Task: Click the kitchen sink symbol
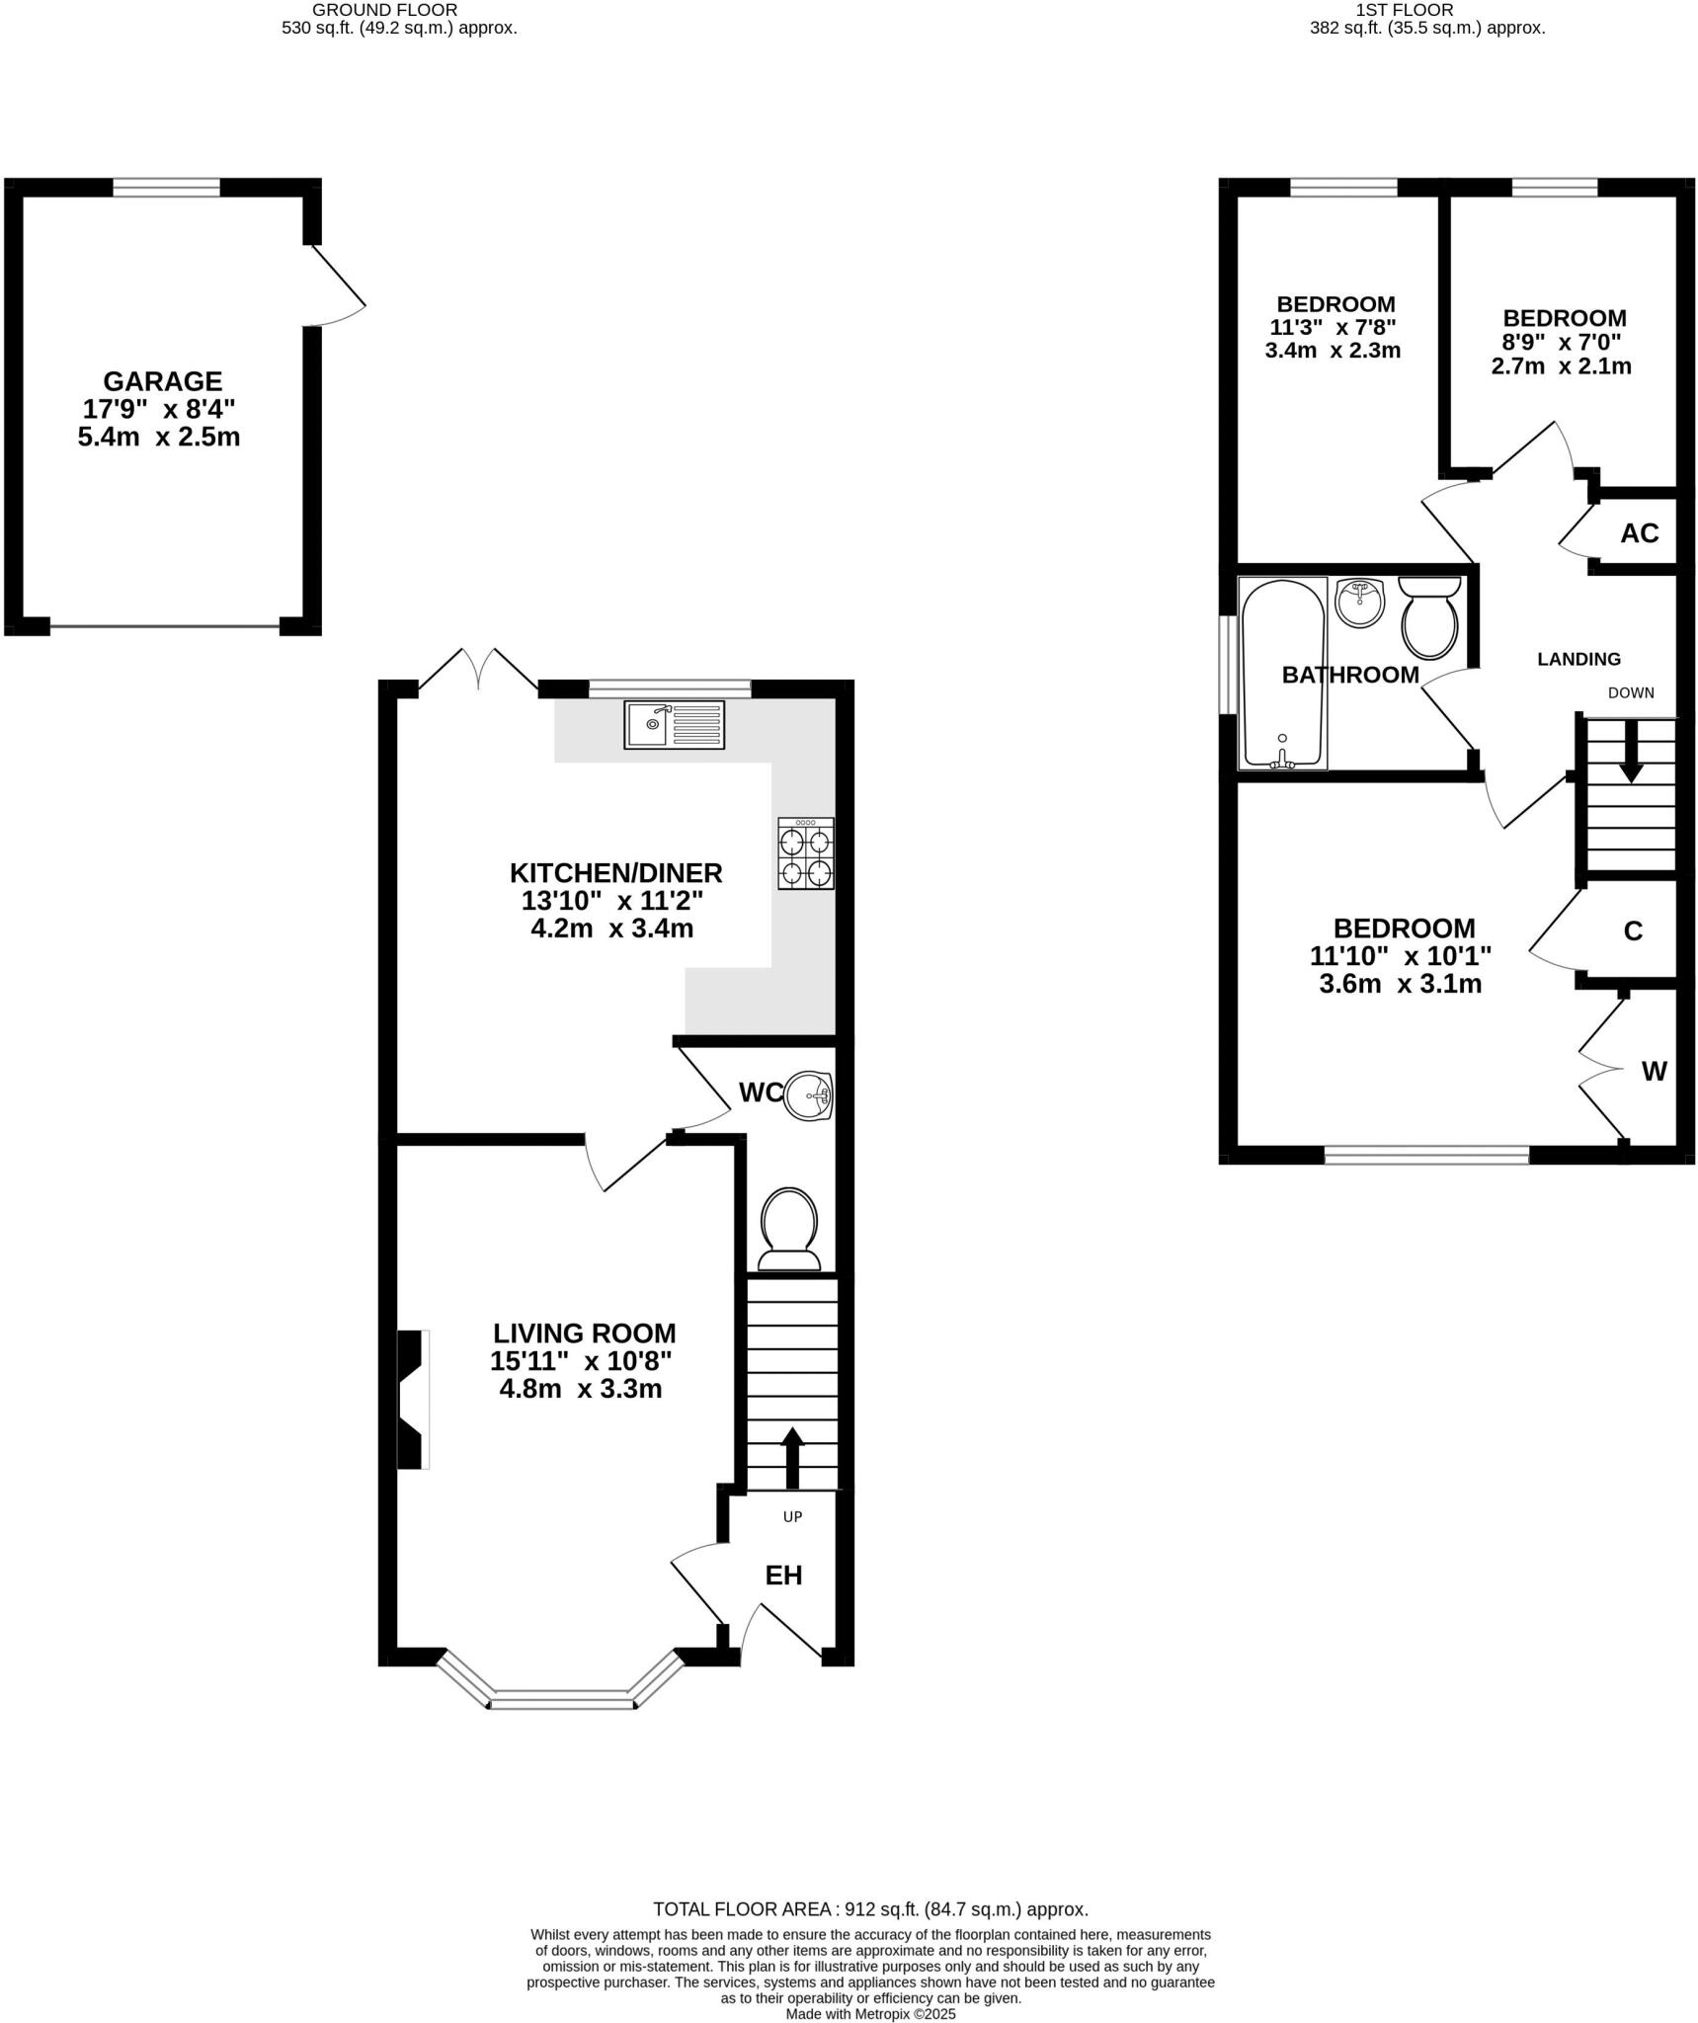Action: click(674, 725)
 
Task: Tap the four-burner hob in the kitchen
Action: click(805, 853)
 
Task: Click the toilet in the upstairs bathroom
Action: click(1429, 618)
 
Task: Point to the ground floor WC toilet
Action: click(789, 1230)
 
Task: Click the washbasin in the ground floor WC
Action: click(810, 1095)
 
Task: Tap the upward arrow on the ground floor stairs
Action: click(792, 1457)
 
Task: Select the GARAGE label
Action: click(163, 381)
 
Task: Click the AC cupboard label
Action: click(1639, 533)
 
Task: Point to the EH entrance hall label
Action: click(783, 1576)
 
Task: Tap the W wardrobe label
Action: click(1654, 1071)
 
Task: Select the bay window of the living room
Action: click(560, 1695)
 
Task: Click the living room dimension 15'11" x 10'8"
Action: click(581, 1361)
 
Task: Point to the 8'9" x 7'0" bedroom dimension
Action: click(1563, 343)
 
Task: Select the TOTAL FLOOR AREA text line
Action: click(870, 1909)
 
